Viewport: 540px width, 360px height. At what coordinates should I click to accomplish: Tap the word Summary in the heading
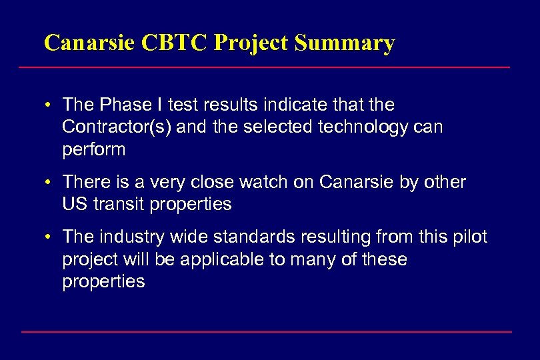point(344,43)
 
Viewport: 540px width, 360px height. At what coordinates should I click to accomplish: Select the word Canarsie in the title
point(90,43)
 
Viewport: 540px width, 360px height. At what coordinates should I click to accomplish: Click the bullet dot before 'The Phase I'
point(50,105)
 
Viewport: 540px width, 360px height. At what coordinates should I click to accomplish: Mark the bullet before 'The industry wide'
point(50,237)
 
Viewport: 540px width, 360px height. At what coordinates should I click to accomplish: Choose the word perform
point(93,149)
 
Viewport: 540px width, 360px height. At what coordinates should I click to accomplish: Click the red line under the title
point(264,67)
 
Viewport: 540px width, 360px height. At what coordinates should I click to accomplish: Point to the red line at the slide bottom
point(266,331)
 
